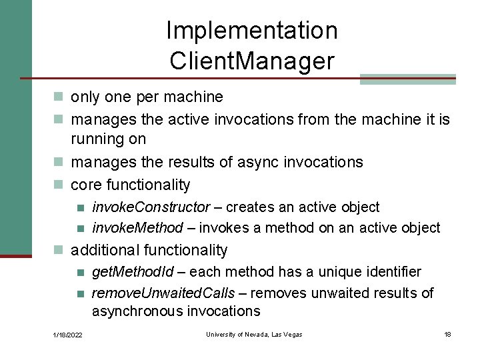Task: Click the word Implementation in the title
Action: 251,30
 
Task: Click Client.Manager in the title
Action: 251,61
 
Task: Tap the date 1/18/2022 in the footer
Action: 69,335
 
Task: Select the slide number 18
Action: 447,334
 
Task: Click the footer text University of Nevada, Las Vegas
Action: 254,334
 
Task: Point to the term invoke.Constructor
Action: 151,207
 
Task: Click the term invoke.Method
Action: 137,228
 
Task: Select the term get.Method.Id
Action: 133,272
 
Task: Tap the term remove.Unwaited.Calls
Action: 163,293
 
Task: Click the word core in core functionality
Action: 86,185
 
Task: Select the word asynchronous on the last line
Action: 137,311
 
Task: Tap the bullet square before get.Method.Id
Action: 81,273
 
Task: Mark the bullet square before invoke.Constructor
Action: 81,208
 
